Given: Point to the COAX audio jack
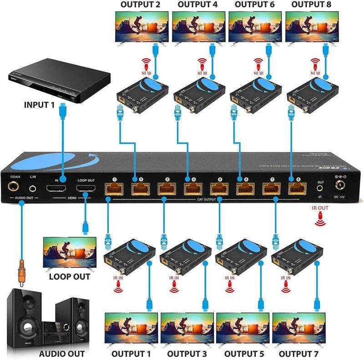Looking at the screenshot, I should [14, 187].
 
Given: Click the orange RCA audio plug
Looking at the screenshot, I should [20, 272].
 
